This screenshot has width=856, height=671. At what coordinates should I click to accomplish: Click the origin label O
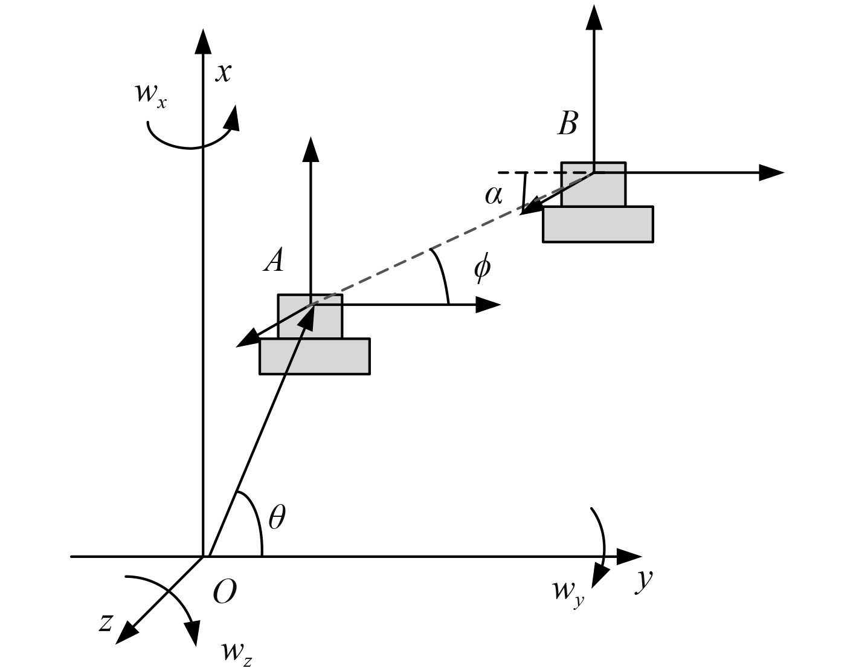tap(224, 592)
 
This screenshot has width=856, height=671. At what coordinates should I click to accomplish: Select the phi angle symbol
tap(482, 267)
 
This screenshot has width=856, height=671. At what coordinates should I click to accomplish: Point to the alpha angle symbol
tap(494, 195)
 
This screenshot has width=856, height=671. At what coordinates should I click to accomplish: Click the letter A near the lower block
tap(274, 261)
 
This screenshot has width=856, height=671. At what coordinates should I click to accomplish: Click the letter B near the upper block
tap(567, 123)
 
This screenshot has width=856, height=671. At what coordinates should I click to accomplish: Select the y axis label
tap(645, 579)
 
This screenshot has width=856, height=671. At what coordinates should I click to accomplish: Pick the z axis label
tap(106, 621)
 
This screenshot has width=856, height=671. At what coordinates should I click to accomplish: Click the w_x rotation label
tap(150, 94)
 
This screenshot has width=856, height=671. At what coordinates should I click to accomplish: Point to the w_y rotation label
tap(568, 590)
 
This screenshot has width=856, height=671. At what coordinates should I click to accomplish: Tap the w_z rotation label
tap(236, 652)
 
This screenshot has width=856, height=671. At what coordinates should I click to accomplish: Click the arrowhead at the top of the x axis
tap(203, 41)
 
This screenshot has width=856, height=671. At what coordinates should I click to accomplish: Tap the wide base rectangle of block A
tap(314, 357)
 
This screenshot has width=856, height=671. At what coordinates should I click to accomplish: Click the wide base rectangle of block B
tap(597, 224)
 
